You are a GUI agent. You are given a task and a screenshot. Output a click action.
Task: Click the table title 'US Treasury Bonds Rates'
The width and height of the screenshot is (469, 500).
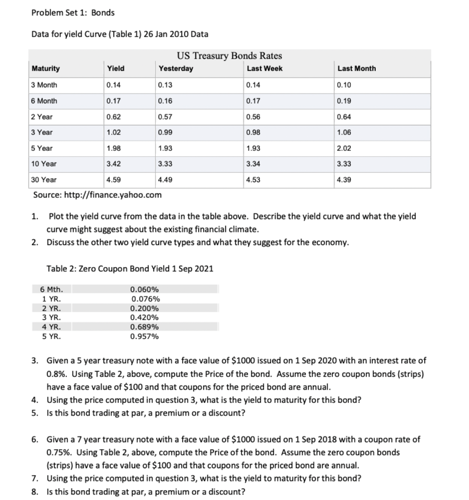click(229, 56)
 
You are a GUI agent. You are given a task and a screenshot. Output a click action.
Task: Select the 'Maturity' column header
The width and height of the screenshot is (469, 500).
click(46, 69)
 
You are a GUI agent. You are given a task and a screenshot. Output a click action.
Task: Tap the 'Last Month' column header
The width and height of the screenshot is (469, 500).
click(356, 69)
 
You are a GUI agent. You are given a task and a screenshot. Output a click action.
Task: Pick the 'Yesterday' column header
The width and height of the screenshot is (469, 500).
click(176, 69)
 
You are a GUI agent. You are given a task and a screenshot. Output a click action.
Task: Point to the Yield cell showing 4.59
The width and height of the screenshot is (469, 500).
click(114, 180)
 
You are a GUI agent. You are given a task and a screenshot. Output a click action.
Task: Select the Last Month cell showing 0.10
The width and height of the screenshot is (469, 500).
click(344, 85)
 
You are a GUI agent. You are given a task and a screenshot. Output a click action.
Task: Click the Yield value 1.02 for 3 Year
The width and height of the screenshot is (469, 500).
click(114, 132)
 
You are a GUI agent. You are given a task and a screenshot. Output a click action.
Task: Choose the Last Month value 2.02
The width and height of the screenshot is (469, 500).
click(344, 148)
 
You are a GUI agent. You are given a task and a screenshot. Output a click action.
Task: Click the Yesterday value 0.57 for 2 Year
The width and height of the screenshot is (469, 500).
click(165, 117)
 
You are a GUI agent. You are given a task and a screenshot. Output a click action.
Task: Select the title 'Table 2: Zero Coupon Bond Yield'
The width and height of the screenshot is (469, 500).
click(129, 269)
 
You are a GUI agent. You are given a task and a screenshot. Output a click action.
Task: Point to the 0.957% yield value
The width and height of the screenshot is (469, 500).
click(145, 336)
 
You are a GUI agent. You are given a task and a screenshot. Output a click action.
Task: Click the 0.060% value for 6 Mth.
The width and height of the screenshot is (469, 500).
click(145, 290)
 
